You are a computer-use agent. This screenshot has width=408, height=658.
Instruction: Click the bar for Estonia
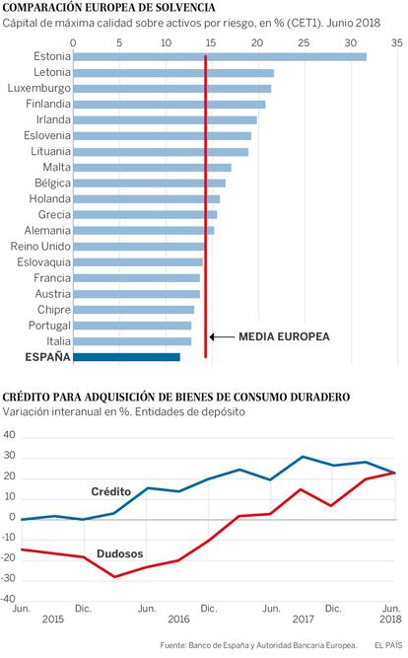point(220,56)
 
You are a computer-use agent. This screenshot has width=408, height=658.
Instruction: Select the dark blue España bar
point(126,357)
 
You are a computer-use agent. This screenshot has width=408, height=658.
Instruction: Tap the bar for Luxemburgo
point(171,89)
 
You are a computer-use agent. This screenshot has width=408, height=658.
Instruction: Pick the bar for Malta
point(152,168)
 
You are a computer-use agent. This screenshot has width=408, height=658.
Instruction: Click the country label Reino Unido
point(40,247)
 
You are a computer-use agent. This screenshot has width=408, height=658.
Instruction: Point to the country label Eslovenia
point(47,135)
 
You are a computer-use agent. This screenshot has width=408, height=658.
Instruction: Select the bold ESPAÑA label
point(48,357)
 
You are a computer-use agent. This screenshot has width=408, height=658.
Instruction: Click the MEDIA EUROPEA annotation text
point(284,336)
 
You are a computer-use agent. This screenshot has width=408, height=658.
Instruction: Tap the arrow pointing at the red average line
point(222,336)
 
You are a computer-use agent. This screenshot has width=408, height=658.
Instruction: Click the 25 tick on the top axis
point(304,42)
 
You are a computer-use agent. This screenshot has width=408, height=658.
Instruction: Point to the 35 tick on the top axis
point(397,42)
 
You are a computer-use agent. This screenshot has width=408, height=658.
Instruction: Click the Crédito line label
point(111,491)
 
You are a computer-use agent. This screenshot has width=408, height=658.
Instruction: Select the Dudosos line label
point(120,554)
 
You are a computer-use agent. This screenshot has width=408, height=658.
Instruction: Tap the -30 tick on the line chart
point(8,578)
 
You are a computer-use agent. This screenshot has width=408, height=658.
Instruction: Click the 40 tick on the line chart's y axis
point(9,435)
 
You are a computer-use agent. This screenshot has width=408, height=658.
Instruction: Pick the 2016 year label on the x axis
point(178,619)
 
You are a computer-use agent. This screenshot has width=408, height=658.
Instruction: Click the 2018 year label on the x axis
point(390,619)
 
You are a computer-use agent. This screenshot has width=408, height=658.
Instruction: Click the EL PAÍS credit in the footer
point(388,645)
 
